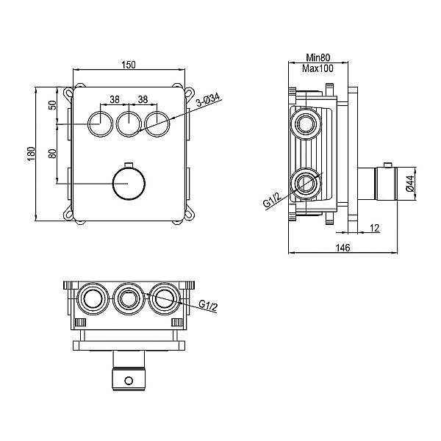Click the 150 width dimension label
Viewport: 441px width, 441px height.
click(129, 65)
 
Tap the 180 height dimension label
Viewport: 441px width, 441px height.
click(31, 154)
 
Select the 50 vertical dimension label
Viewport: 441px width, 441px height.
click(53, 105)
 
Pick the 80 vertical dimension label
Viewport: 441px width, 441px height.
click(53, 154)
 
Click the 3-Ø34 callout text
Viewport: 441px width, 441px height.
click(208, 99)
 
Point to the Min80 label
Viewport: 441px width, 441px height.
click(318, 57)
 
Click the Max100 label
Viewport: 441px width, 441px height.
click(318, 68)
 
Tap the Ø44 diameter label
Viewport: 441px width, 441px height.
click(410, 184)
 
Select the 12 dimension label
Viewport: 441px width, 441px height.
click(375, 228)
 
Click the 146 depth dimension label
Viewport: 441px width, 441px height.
click(343, 248)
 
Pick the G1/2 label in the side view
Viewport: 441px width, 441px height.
click(272, 200)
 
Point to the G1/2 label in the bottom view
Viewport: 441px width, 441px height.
click(208, 306)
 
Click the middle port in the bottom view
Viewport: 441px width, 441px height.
click(129, 298)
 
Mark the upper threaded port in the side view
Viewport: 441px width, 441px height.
click(305, 124)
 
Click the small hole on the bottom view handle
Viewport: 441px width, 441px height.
click(129, 381)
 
